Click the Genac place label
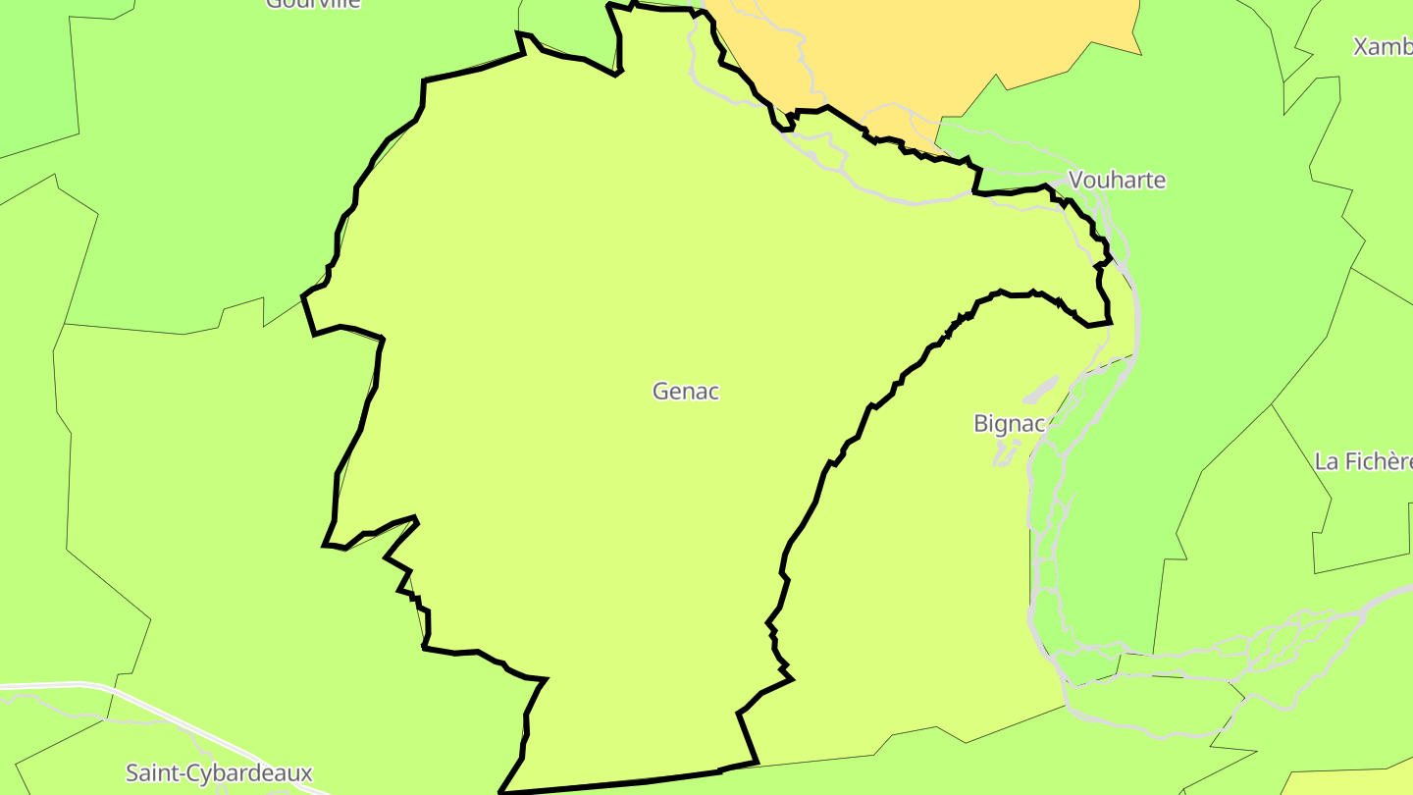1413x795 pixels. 686,391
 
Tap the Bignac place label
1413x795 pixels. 1010,423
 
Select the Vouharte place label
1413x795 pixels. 1117,180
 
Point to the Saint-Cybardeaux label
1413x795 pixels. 219,772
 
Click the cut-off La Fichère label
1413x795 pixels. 1363,460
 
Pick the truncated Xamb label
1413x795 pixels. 1382,46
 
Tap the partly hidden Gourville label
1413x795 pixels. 313,3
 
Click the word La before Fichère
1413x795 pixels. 1327,460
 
